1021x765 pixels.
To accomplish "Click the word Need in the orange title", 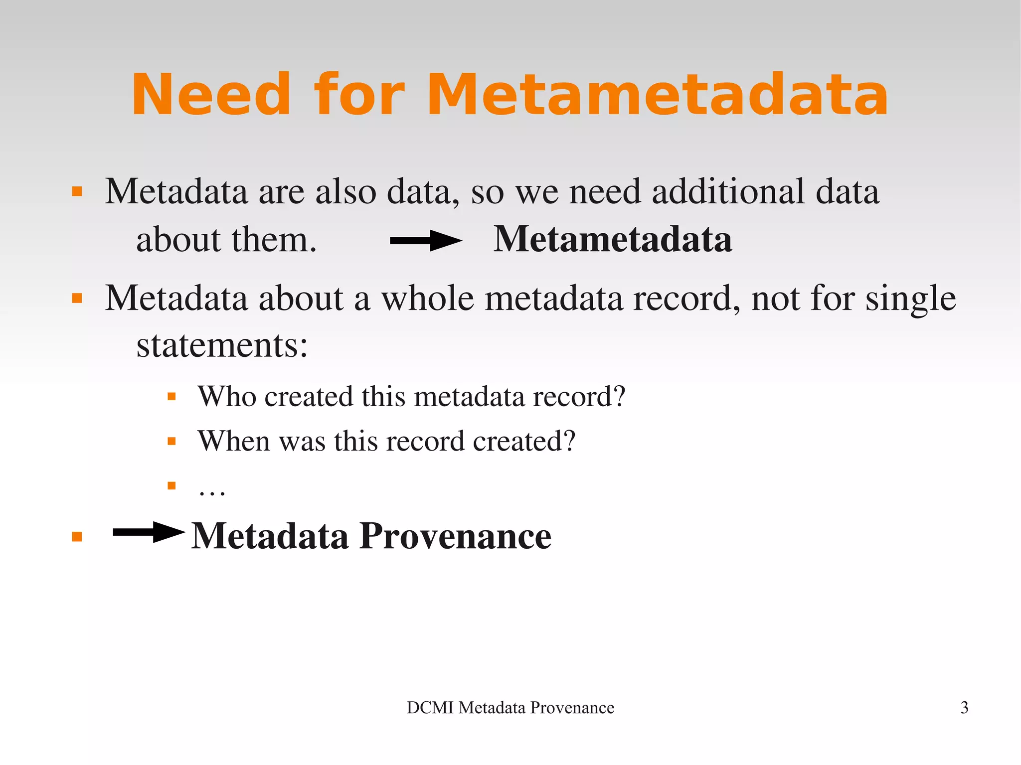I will tap(211, 95).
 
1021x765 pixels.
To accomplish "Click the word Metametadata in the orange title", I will tap(658, 95).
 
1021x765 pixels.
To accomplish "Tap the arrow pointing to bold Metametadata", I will tap(426, 241).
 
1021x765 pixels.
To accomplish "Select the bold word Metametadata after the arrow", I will tap(613, 240).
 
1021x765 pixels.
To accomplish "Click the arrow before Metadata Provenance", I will tap(149, 532).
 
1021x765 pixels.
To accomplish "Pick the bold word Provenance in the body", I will tap(455, 536).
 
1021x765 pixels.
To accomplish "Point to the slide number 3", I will tap(964, 708).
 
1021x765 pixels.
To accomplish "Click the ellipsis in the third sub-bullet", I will tap(212, 491).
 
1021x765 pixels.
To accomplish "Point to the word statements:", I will tap(222, 345).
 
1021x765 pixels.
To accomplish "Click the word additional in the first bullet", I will tap(728, 191).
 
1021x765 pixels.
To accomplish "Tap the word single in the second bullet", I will tap(910, 300).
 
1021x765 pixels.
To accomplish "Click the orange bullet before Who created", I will tap(172, 397).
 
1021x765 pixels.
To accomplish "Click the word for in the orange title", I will tap(358, 95).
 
